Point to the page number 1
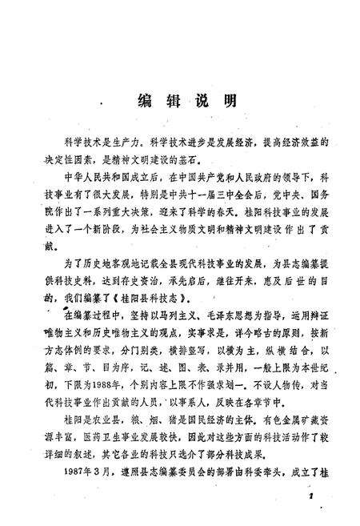tap(307, 497)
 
